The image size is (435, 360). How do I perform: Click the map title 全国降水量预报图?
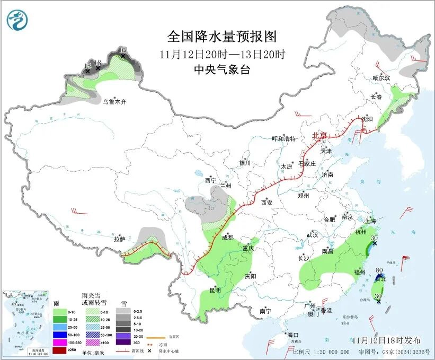point(222,37)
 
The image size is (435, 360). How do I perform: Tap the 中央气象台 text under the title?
point(222,69)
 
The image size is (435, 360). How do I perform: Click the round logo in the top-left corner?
point(17,20)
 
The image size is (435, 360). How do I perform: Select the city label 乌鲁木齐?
point(115,101)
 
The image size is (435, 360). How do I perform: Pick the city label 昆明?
point(215,290)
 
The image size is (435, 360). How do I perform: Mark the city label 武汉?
point(312,234)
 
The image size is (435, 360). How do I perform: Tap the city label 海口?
point(292,335)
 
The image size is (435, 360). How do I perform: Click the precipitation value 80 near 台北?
point(379,270)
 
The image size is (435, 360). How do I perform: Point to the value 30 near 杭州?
point(376,238)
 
